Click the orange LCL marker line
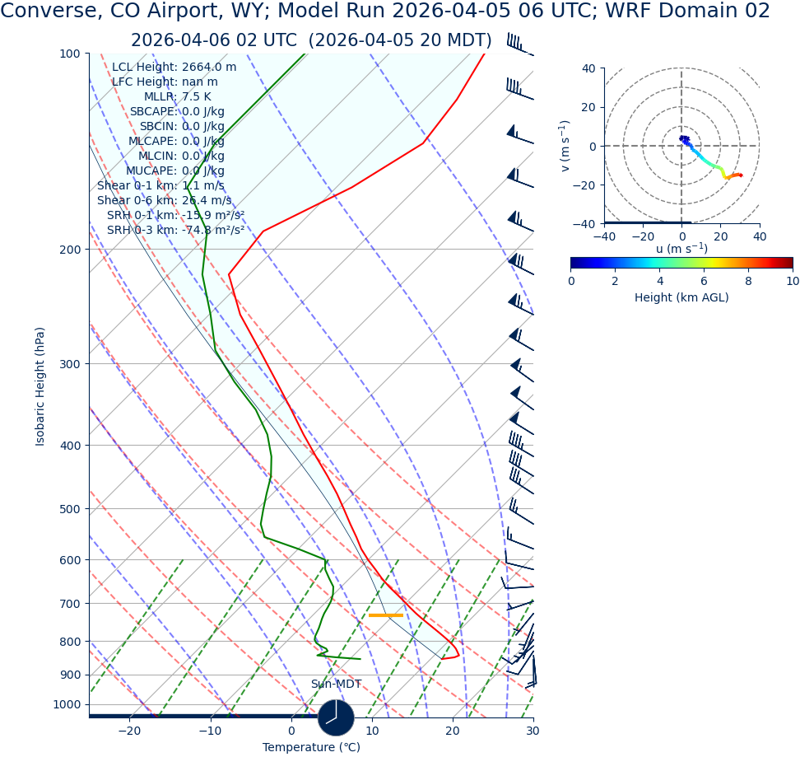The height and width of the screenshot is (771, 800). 385,615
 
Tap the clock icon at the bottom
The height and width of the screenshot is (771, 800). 336,717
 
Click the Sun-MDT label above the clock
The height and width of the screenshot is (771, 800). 336,685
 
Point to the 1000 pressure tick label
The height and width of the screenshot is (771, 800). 67,704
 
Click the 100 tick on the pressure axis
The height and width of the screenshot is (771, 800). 70,54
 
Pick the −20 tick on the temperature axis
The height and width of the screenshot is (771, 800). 129,731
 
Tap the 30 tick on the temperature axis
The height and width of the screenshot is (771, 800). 533,731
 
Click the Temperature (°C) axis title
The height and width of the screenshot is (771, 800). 311,748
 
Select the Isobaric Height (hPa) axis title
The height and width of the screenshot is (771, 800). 40,386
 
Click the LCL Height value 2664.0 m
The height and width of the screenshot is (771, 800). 208,68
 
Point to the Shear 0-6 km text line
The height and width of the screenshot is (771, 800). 165,201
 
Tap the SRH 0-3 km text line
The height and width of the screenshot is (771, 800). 175,231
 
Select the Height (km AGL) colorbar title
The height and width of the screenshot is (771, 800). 681,298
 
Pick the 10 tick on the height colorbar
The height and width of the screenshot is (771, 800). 792,282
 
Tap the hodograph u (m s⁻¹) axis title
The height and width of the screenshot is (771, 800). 681,249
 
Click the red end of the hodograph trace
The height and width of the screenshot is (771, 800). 741,175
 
